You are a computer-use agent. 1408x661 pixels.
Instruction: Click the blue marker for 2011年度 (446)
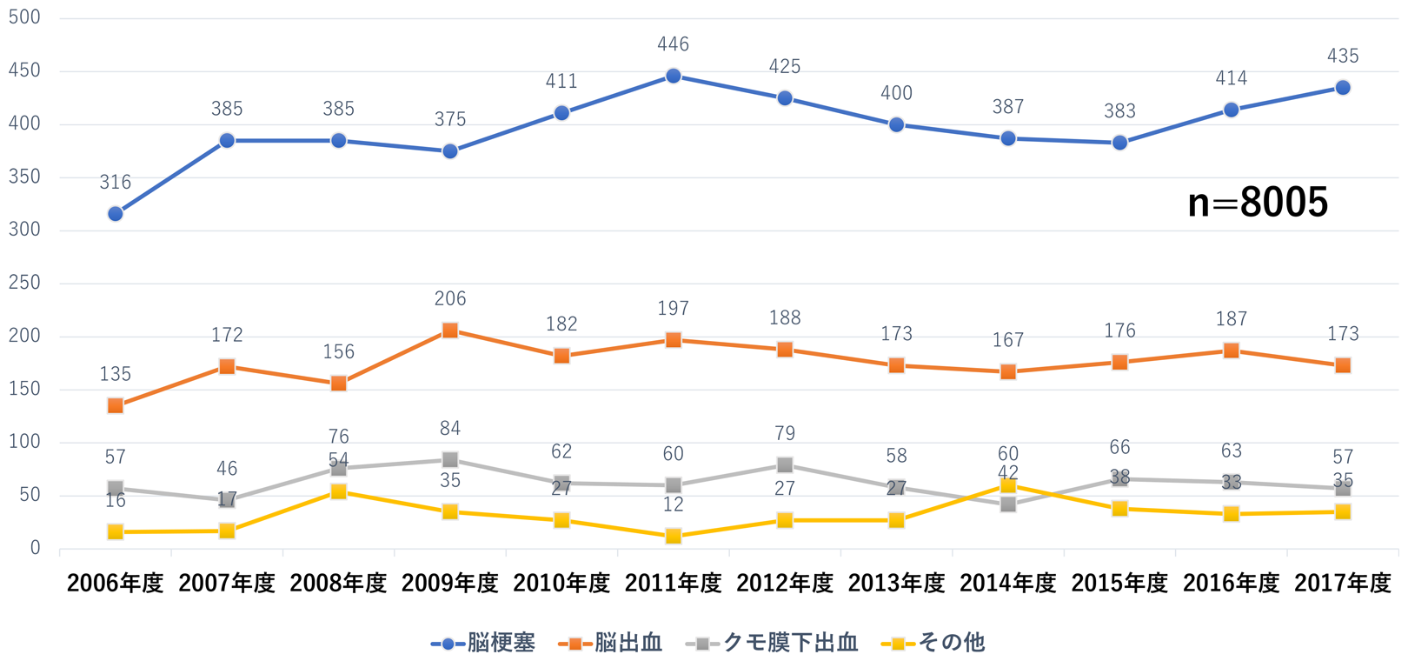[674, 77]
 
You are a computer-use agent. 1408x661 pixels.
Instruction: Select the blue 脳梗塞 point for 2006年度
[116, 214]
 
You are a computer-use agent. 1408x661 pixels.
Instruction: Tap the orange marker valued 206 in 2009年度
[450, 330]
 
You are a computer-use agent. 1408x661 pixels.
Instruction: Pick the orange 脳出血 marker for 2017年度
[1343, 365]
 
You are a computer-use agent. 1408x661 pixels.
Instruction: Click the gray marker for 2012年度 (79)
[785, 465]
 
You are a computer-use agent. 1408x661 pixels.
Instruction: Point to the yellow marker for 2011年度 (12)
[674, 536]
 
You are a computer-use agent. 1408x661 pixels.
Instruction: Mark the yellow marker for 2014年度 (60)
[1008, 485]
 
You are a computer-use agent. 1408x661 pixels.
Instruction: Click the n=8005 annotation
[1258, 203]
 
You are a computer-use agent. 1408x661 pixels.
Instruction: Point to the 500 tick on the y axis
[24, 18]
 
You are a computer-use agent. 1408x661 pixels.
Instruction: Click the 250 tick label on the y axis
[24, 283]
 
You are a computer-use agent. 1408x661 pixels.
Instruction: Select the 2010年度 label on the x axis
[561, 584]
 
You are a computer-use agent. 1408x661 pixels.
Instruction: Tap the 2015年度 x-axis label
[1119, 584]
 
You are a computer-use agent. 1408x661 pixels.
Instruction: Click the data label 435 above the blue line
[1343, 57]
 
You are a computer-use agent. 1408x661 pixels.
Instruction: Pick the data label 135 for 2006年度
[116, 374]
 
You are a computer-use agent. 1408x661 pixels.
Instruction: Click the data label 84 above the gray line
[450, 428]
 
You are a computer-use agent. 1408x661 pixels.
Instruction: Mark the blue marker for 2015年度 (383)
[1119, 143]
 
